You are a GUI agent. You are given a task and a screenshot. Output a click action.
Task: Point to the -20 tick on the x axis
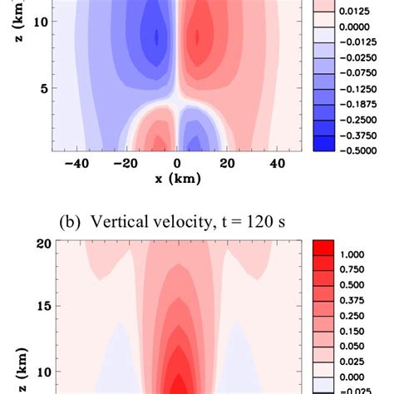125,164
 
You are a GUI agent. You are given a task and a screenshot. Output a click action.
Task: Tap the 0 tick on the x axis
176,164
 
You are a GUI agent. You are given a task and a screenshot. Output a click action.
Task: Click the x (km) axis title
175,179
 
